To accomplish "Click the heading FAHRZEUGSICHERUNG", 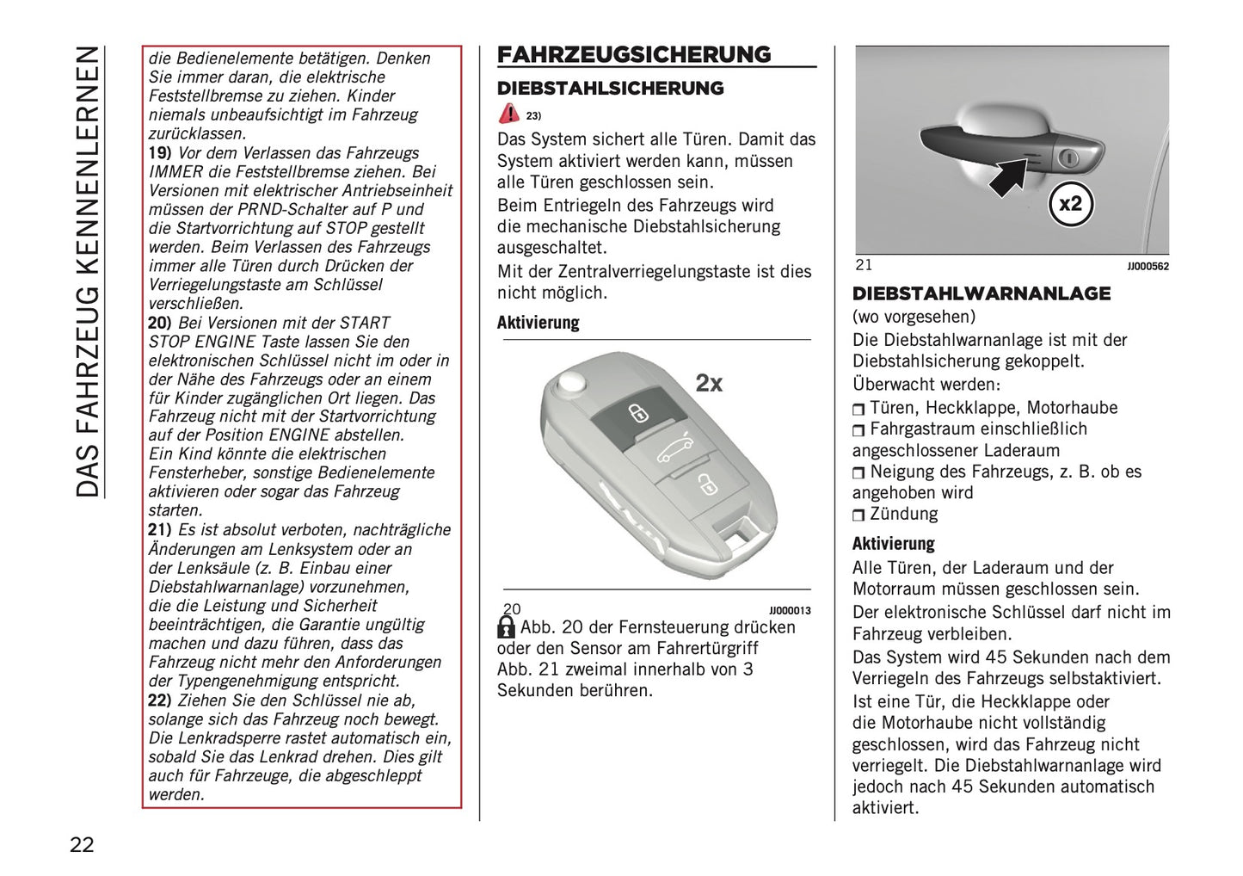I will (634, 54).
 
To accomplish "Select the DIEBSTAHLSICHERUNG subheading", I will (610, 89).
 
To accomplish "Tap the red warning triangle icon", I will (509, 114).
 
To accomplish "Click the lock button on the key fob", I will (637, 413).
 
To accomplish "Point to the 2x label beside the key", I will (709, 383).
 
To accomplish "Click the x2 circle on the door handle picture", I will (1070, 205).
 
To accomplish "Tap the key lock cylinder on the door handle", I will (1069, 157).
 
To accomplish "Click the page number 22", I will (82, 844).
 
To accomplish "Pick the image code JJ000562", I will (1148, 267).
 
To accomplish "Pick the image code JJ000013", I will (790, 610).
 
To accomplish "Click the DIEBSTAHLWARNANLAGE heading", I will (981, 294).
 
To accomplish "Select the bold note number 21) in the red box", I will (160, 530).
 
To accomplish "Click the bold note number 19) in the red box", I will (160, 153).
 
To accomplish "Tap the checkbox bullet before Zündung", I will (858, 515).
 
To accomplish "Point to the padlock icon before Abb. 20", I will (507, 627).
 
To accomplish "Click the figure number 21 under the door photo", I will (864, 265).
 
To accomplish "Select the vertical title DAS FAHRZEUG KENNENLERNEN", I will (88, 271).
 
